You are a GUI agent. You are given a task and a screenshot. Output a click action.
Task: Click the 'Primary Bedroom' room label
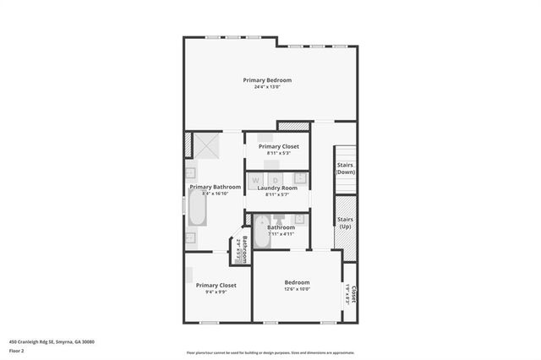click(267, 80)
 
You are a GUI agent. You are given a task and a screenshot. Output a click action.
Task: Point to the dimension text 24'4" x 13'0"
click(267, 87)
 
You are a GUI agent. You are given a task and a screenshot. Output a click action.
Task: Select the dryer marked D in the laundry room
click(276, 179)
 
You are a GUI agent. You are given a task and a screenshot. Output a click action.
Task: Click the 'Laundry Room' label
click(277, 188)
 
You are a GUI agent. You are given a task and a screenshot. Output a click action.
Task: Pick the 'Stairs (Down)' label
click(345, 168)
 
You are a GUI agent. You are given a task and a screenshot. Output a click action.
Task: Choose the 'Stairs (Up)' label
click(345, 224)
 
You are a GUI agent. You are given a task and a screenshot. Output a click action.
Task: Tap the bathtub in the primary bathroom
click(196, 209)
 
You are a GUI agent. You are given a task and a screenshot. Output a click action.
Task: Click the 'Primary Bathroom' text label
click(215, 187)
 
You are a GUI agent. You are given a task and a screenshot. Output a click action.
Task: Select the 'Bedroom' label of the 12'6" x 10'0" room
click(297, 282)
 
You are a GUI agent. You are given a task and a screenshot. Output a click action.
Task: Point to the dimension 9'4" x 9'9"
click(216, 292)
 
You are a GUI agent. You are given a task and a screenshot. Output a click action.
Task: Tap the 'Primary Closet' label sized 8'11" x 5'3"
click(278, 146)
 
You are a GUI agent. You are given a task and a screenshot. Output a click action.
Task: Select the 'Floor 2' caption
click(16, 350)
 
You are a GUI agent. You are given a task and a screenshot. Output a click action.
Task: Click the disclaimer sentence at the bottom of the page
click(270, 352)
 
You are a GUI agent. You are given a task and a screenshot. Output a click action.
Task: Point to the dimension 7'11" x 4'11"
click(281, 234)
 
